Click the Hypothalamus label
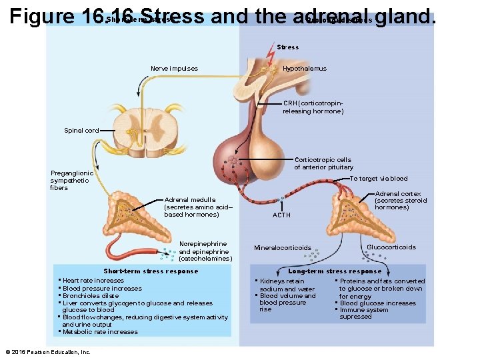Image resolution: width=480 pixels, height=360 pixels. pyautogui.click(x=304, y=69)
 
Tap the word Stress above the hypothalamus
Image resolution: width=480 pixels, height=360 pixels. pyautogui.click(x=288, y=47)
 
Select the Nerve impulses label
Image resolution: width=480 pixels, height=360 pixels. pyautogui.click(x=174, y=69)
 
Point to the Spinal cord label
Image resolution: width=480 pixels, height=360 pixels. pyautogui.click(x=81, y=131)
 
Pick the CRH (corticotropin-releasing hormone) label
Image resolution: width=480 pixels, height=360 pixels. pyautogui.click(x=313, y=107)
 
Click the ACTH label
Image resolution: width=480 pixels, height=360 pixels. pyautogui.click(x=281, y=215)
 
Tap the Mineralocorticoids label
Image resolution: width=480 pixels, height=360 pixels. pyautogui.click(x=283, y=248)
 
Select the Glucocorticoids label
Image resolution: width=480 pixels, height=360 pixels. pyautogui.click(x=391, y=247)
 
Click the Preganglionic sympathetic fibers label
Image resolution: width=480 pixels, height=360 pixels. pyautogui.click(x=72, y=180)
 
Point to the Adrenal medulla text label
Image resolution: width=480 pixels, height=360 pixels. pyautogui.click(x=191, y=207)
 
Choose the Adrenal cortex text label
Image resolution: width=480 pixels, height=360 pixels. pyautogui.click(x=401, y=201)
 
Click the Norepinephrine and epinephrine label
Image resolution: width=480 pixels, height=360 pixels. pyautogui.click(x=205, y=251)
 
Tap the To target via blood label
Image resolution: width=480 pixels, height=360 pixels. pyautogui.click(x=379, y=179)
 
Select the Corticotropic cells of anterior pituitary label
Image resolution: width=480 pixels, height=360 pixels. pyautogui.click(x=324, y=163)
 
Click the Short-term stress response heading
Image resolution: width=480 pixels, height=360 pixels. pyautogui.click(x=151, y=271)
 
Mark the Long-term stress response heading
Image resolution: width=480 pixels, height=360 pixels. pyautogui.click(x=335, y=271)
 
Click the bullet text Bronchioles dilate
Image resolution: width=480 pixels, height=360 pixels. pyautogui.click(x=91, y=296)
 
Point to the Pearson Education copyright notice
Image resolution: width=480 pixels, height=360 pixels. pyautogui.click(x=47, y=351)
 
